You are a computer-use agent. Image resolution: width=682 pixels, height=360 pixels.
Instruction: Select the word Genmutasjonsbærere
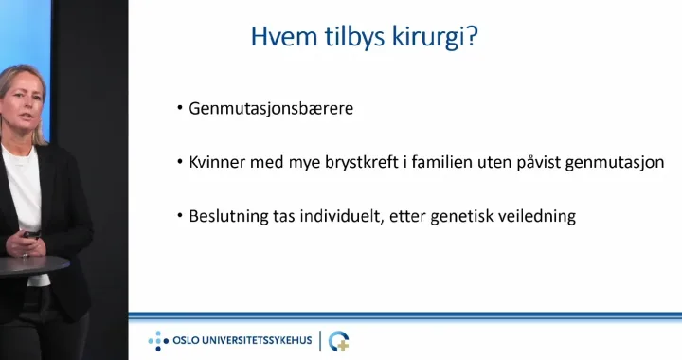(271, 109)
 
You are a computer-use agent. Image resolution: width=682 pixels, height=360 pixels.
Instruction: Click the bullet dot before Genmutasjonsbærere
(180, 108)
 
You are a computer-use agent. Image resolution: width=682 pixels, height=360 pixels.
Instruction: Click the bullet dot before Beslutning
(180, 215)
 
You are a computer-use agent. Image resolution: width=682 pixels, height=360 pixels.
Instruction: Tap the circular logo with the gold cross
(339, 341)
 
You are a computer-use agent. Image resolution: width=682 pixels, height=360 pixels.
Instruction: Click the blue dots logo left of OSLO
(158, 341)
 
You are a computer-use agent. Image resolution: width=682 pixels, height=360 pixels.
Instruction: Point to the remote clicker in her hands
(32, 235)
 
